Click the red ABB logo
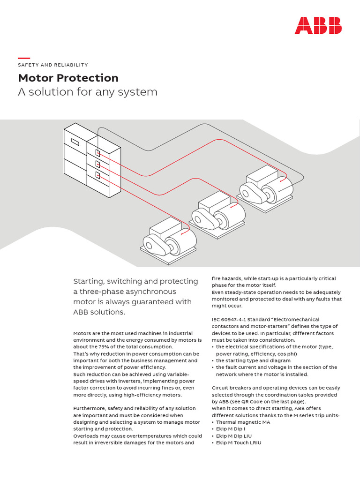(x=318, y=25)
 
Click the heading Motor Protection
(x=68, y=78)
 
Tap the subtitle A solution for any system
(x=88, y=92)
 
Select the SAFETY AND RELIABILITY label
(x=53, y=65)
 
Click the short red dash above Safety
(x=24, y=58)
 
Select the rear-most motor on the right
(x=265, y=187)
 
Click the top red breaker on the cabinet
(x=98, y=153)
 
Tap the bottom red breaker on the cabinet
(x=98, y=175)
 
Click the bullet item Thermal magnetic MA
(x=243, y=422)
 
